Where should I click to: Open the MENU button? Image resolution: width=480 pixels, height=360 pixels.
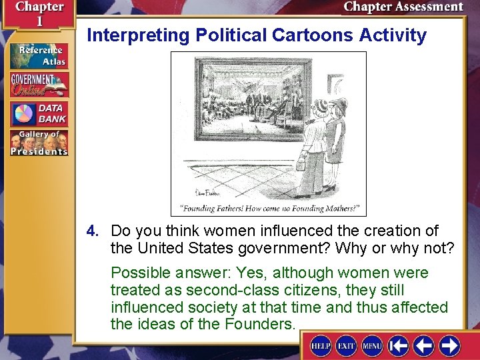point(371,346)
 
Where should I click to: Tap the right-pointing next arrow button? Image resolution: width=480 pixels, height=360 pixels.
point(449,346)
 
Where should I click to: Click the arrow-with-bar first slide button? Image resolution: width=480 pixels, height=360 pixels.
point(399,346)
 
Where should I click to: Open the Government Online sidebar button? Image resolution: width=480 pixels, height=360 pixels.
point(39,85)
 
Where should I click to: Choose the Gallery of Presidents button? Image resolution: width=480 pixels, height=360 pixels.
point(39,143)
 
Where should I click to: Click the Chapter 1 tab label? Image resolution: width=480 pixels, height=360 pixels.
point(38,13)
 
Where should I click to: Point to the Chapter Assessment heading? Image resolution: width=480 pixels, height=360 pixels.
point(403,7)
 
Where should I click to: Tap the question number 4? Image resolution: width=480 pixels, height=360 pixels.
point(92,231)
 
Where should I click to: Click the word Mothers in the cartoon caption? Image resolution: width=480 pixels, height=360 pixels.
point(338,209)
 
